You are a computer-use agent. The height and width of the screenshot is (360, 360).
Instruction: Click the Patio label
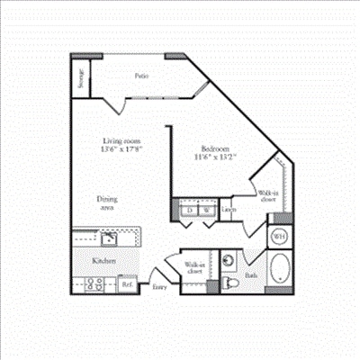click(142, 76)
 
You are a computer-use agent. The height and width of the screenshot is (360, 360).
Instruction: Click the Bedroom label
click(218, 148)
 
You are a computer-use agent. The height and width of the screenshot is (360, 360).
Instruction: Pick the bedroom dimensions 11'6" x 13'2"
click(218, 157)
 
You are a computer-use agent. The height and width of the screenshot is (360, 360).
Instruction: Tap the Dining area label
click(108, 202)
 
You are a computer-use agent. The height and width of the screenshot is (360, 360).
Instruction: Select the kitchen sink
click(108, 238)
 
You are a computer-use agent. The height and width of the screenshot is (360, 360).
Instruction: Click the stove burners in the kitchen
click(93, 283)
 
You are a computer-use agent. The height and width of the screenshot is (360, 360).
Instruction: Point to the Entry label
click(159, 287)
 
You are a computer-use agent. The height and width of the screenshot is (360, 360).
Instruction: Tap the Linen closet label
click(229, 210)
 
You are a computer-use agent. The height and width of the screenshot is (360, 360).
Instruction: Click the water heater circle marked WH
click(279, 237)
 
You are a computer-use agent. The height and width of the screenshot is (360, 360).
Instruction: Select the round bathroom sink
click(229, 261)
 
